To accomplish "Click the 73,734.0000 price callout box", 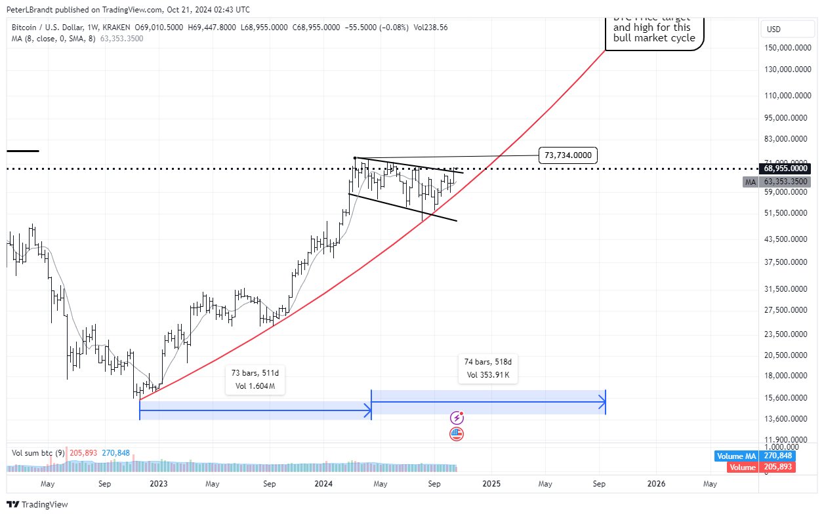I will [x=568, y=155].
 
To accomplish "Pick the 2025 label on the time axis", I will [x=491, y=484].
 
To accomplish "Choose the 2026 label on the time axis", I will [x=656, y=484].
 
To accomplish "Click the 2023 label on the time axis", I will [x=158, y=484].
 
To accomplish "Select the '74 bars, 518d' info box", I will [x=488, y=368].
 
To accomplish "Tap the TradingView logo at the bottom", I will [x=37, y=504].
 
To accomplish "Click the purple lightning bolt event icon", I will [x=457, y=418].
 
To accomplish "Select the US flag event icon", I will [x=457, y=433].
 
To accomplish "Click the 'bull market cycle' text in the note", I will [x=654, y=38].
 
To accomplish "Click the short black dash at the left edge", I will [x=23, y=151].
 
